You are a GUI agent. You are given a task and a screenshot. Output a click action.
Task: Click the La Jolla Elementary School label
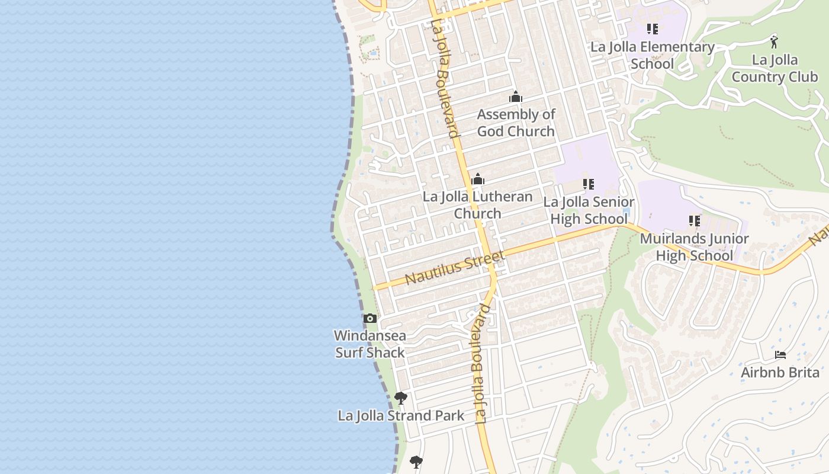[652, 55]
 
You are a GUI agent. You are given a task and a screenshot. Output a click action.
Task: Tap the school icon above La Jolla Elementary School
[652, 28]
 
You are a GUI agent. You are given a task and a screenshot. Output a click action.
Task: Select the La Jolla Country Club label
[775, 68]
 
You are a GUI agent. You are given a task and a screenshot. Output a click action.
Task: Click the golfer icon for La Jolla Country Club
[774, 42]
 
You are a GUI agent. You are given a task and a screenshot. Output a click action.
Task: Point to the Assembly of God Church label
[516, 123]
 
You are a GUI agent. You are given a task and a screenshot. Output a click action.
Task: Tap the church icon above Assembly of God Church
[515, 97]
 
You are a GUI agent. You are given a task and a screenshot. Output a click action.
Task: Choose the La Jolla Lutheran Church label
[477, 205]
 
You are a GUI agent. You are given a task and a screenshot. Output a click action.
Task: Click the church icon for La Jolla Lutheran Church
[477, 179]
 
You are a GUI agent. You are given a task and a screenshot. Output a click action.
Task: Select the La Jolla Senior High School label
[589, 210]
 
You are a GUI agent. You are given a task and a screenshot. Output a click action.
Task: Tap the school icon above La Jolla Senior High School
[588, 184]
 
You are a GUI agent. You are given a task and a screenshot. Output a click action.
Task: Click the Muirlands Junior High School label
[694, 247]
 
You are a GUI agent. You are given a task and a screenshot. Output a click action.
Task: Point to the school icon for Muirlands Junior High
[694, 221]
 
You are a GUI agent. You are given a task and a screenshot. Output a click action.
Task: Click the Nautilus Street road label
[455, 267]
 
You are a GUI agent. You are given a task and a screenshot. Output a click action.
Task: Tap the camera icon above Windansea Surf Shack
[370, 319]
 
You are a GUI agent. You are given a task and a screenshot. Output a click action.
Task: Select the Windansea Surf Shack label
[370, 344]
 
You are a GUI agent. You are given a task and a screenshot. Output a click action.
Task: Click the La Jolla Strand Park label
[401, 416]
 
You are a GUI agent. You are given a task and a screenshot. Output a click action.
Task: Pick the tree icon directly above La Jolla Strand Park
[401, 398]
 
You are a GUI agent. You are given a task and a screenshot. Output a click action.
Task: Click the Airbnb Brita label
[780, 373]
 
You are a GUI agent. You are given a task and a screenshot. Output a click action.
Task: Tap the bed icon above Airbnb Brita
[780, 355]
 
